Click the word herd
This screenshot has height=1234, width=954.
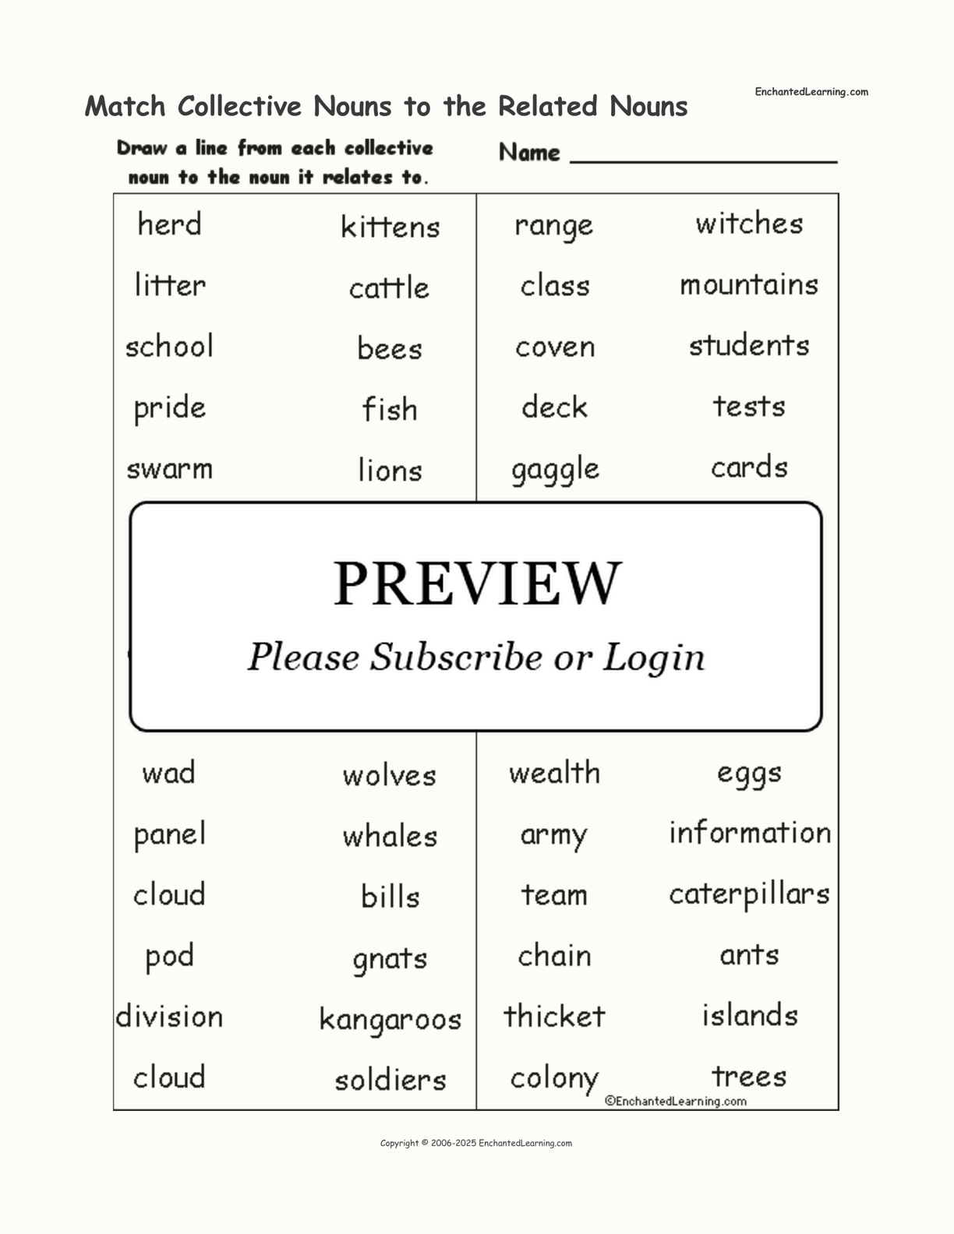point(169,224)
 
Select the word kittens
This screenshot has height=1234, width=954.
point(390,227)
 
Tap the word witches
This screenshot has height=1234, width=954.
point(749,224)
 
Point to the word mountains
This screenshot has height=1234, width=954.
point(749,284)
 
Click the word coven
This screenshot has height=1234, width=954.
point(555,347)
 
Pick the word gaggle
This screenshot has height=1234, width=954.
point(555,470)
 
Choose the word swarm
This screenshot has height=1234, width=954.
point(169,469)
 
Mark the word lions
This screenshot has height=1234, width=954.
point(390,471)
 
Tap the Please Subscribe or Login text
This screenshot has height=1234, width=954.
point(476,657)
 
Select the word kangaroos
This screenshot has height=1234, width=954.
point(390,1019)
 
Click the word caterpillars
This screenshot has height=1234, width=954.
point(749,894)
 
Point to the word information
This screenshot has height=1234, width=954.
point(749,833)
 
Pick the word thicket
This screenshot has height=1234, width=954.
point(554,1016)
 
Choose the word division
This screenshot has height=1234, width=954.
point(169,1017)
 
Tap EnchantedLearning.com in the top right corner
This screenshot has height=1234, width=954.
point(811,92)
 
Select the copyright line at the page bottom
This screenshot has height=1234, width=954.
point(475,1143)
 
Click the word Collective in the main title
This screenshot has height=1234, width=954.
point(239,106)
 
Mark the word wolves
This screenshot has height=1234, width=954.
point(390,775)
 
